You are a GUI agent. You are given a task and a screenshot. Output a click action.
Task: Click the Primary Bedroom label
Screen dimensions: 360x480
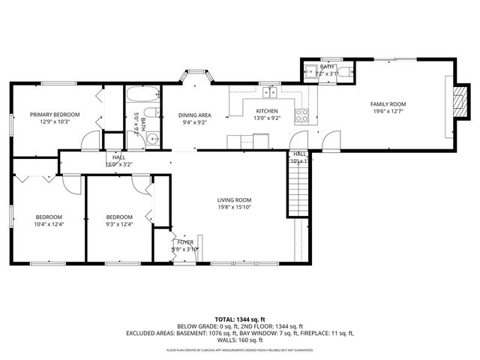click(x=54, y=115)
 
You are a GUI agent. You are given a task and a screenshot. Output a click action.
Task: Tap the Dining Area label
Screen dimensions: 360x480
click(x=194, y=115)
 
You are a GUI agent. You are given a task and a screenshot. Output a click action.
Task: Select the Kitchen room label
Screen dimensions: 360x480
click(x=266, y=111)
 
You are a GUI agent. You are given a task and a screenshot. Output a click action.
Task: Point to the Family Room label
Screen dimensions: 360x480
click(x=388, y=104)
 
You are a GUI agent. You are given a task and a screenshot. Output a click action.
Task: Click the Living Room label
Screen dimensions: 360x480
click(x=234, y=199)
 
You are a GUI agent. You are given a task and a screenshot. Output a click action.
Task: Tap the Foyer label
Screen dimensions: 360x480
click(x=184, y=242)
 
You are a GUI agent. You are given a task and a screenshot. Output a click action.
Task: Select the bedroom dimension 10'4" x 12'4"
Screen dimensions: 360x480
click(x=49, y=223)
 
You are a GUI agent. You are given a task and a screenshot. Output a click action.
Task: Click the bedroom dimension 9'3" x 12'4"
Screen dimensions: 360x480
click(x=120, y=223)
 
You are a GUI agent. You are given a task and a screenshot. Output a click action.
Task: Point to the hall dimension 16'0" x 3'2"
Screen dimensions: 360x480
click(x=119, y=163)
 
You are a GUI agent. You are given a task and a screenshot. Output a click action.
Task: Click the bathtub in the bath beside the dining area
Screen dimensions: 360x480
click(x=142, y=96)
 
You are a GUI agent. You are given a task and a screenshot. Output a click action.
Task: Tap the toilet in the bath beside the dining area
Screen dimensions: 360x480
click(x=150, y=113)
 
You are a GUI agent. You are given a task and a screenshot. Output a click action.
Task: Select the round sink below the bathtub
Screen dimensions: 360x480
click(x=152, y=137)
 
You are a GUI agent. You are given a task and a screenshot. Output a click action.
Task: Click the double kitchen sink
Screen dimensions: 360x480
click(x=269, y=93)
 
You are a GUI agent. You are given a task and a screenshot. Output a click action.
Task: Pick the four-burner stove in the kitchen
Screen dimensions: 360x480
click(x=302, y=115)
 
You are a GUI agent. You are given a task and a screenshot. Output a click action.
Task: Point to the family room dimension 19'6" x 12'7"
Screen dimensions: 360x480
click(x=388, y=113)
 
